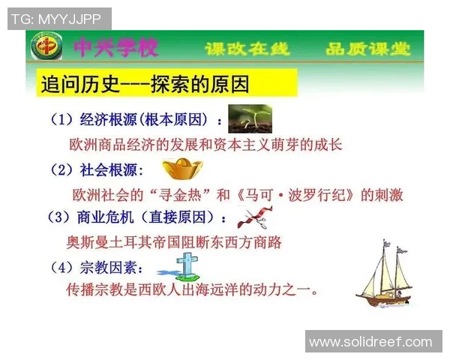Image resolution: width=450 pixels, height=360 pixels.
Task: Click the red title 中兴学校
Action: click(x=116, y=49)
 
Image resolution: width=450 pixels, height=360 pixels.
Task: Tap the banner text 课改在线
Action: click(x=247, y=50)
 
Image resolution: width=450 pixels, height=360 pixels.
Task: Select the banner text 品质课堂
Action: click(x=367, y=50)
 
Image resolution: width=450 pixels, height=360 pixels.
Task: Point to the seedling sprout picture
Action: click(x=250, y=118)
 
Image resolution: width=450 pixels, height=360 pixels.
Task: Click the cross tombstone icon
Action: click(x=182, y=265)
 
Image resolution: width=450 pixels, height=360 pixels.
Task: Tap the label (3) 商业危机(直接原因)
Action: click(x=137, y=218)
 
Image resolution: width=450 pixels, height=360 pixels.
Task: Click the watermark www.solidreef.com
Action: click(x=370, y=342)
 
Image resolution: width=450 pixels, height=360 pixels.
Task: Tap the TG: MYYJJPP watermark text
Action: click(x=59, y=19)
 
